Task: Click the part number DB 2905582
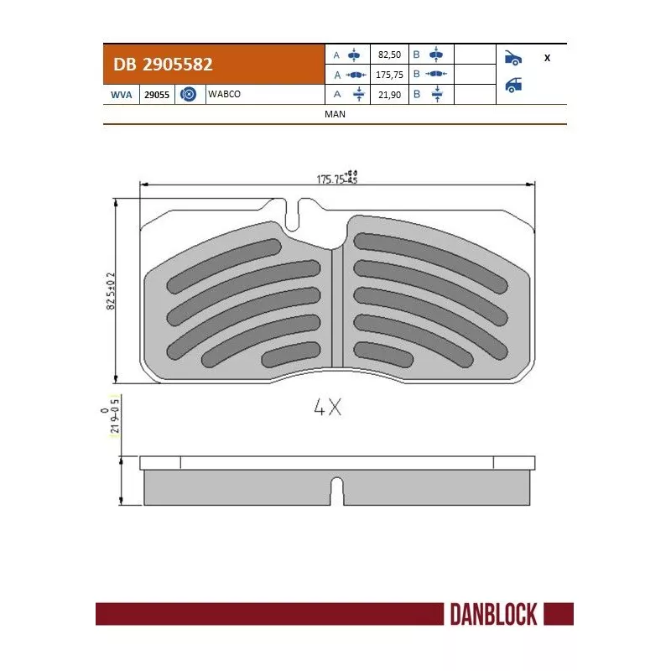[157, 64]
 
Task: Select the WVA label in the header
[121, 95]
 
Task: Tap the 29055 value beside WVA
[157, 95]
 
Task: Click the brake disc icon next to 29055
[189, 95]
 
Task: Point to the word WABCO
[224, 94]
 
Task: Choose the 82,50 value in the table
[389, 55]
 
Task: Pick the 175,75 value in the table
[391, 74]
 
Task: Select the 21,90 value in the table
[389, 95]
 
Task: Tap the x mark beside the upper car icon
[547, 58]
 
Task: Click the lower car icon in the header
[513, 84]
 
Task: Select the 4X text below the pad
[328, 408]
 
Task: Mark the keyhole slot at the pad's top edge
[293, 215]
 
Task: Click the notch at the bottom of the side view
[336, 491]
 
